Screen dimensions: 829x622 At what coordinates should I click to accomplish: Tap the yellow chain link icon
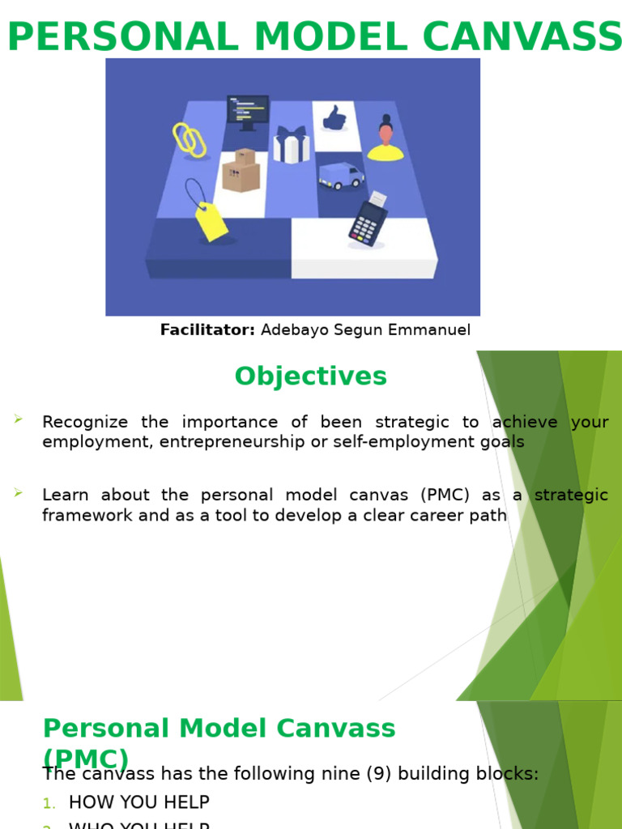(190, 140)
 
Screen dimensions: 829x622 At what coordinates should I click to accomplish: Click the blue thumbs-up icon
(334, 118)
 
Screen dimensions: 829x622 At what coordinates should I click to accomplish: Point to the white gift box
(291, 145)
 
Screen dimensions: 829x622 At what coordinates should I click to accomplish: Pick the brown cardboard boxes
(241, 171)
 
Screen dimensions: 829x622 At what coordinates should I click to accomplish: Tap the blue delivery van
(341, 175)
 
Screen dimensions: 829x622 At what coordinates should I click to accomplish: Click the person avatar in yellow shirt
(386, 139)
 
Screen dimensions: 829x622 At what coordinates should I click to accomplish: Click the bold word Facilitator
(207, 329)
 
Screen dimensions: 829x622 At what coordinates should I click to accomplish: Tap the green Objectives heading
(311, 376)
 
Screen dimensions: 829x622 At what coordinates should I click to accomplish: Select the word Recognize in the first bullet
(85, 422)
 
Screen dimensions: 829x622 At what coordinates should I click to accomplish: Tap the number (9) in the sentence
(388, 774)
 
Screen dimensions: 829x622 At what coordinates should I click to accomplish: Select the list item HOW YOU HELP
(139, 802)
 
